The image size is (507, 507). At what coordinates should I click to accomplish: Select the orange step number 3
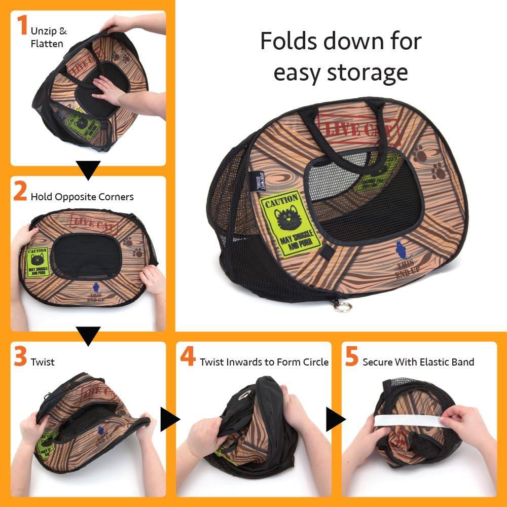point(20,357)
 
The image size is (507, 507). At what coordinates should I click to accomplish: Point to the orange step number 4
point(188,357)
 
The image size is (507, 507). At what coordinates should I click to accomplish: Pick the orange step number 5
point(352,357)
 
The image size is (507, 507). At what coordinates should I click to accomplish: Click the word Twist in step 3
point(43,362)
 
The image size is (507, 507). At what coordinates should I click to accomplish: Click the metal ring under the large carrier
point(343,307)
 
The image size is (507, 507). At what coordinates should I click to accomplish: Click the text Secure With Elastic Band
point(418,362)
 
